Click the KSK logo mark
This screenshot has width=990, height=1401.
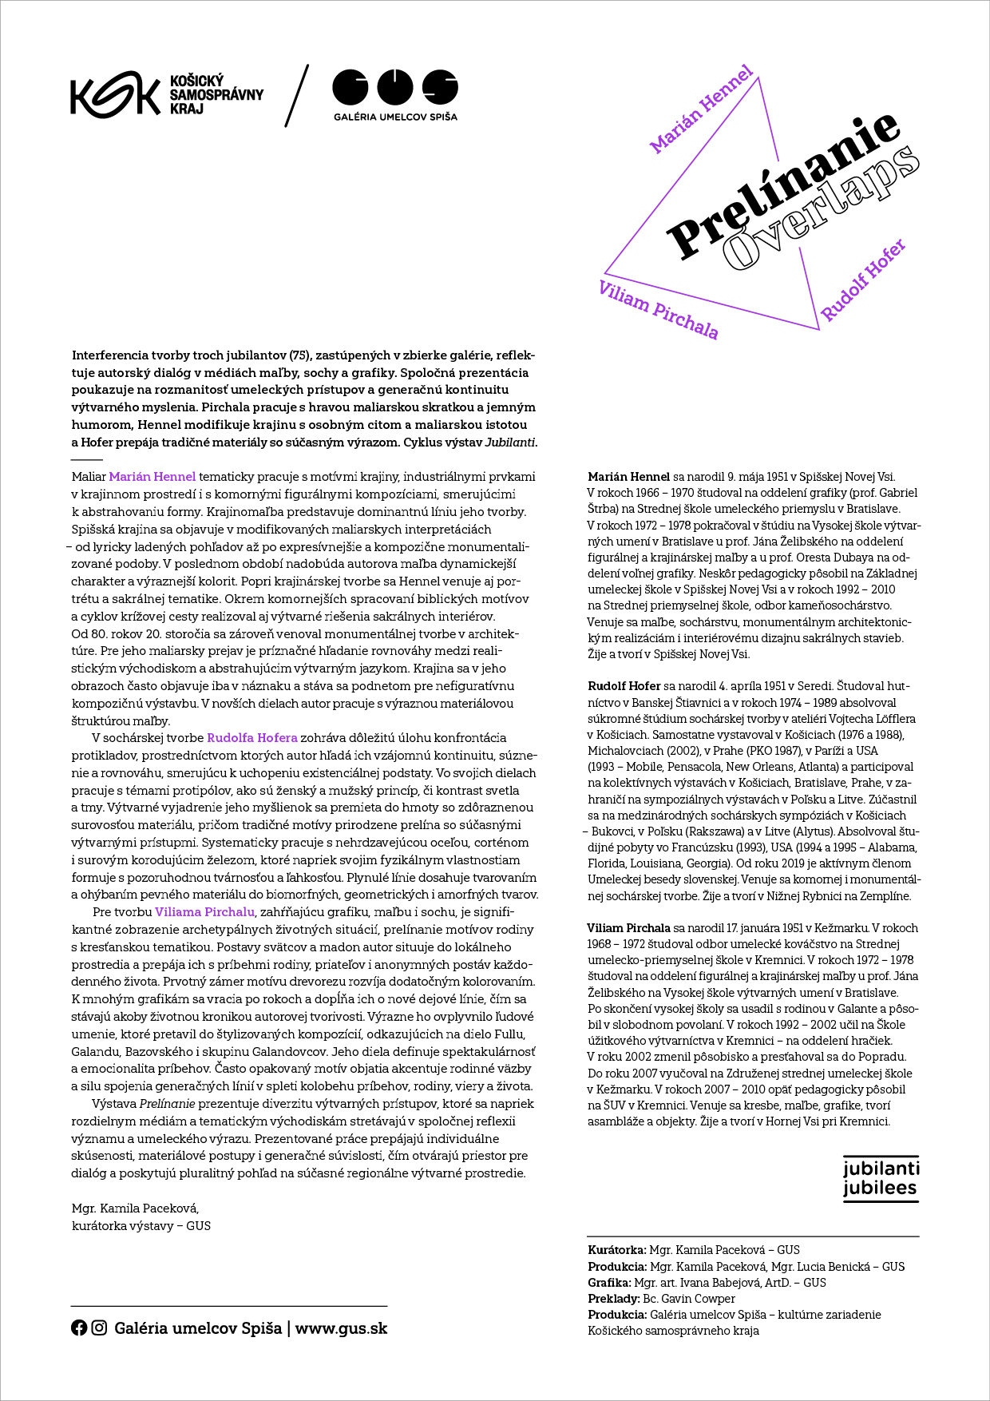(114, 94)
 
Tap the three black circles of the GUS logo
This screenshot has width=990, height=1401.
(395, 87)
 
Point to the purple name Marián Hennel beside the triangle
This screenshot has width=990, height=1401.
(701, 109)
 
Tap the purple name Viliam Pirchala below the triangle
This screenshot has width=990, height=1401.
(659, 310)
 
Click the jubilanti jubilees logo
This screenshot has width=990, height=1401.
(881, 1178)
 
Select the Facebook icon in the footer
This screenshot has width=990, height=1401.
(79, 1328)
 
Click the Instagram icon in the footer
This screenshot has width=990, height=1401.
(99, 1328)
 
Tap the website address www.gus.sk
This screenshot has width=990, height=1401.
(341, 1328)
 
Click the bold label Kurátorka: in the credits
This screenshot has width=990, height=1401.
(616, 1250)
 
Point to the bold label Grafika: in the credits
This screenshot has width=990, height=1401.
(609, 1283)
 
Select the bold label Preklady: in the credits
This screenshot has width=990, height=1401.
(613, 1299)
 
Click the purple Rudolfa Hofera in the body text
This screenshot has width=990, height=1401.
(251, 738)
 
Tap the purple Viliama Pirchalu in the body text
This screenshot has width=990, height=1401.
(204, 912)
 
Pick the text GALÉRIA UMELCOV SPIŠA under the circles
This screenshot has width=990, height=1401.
(395, 117)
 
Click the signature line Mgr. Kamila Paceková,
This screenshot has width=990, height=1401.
(135, 1209)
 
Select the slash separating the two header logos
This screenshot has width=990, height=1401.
(297, 96)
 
